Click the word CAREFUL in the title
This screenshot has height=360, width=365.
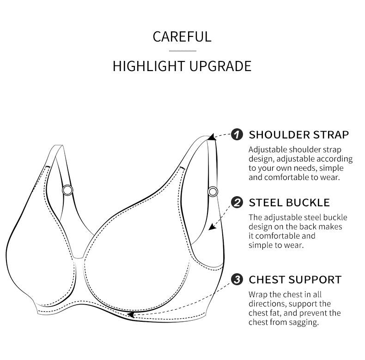(182, 36)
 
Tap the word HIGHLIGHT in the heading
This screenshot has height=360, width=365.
(149, 66)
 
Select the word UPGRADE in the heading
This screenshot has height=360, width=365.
(220, 66)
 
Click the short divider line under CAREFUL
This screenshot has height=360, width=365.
(183, 51)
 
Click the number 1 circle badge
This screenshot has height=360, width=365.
(237, 135)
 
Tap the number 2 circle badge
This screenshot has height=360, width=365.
(237, 202)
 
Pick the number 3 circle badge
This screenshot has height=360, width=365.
(237, 279)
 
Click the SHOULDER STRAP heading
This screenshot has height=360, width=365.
(299, 135)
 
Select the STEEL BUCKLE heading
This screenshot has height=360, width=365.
(289, 203)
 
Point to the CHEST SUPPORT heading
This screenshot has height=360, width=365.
(295, 280)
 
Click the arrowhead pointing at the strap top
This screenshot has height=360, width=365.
(211, 137)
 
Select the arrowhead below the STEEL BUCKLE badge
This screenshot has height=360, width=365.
(212, 227)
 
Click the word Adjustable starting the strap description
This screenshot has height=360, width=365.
(268, 150)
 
